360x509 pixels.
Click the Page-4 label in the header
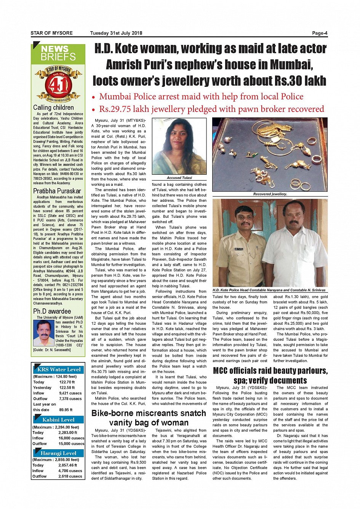point(319,33)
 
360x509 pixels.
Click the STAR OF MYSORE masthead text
point(51,33)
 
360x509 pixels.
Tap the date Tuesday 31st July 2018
point(116,33)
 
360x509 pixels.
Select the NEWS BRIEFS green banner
point(58,54)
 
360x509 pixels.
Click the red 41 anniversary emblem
point(58,85)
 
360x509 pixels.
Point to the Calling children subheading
point(53,108)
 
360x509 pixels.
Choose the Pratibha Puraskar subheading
point(57,191)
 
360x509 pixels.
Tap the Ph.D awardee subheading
point(52,311)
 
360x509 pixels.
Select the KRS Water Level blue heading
point(59,369)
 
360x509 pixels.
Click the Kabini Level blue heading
point(58,420)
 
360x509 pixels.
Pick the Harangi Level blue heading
point(58,453)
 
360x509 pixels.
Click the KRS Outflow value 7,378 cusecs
point(70,399)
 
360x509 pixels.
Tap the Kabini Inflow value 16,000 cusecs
point(71,438)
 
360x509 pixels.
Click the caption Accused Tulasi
point(179,178)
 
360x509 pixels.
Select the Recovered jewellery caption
point(270,194)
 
